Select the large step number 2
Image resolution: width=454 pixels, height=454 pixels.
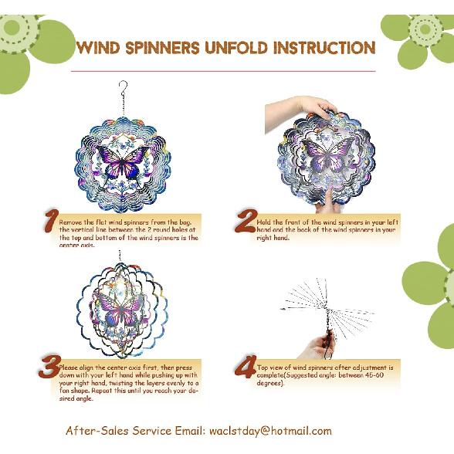[245, 222]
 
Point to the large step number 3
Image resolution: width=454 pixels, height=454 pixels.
[49, 367]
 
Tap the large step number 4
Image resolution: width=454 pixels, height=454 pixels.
[246, 368]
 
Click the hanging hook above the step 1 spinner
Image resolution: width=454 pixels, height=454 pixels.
[122, 88]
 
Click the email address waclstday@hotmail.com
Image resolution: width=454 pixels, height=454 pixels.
[270, 431]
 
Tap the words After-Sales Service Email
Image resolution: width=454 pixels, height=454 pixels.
[135, 431]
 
